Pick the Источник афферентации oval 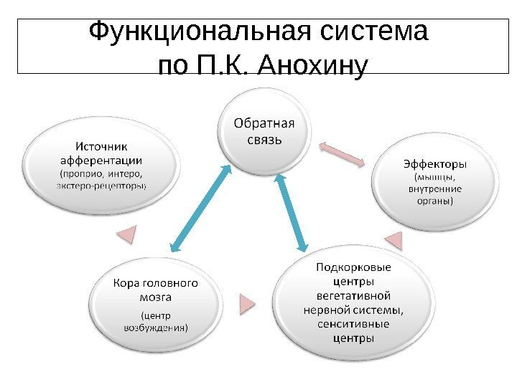pyautogui.click(x=101, y=165)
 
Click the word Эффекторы pyautogui.click(x=433, y=163)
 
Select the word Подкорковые pyautogui.click(x=354, y=268)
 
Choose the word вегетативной pyautogui.click(x=353, y=296)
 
